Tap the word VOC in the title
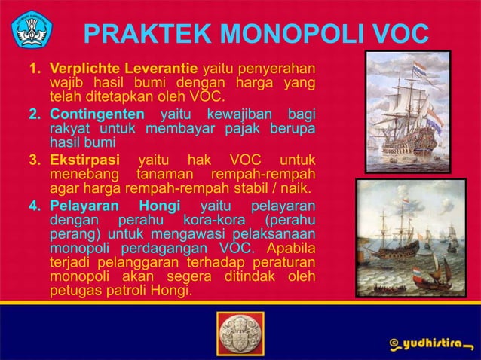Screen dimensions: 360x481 pyautogui.click(x=397, y=35)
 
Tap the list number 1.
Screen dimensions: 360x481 pyautogui.click(x=35, y=69)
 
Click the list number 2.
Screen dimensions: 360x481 pyautogui.click(x=35, y=114)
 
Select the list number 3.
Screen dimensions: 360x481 pyautogui.click(x=35, y=160)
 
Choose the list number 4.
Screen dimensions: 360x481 pyautogui.click(x=35, y=206)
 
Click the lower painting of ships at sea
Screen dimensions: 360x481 pyautogui.click(x=407, y=237)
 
